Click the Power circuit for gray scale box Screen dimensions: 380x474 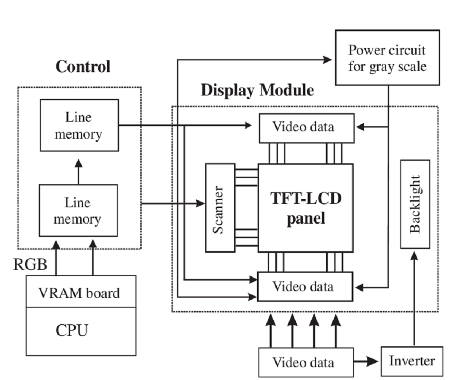click(x=387, y=58)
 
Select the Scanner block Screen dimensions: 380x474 click(x=220, y=208)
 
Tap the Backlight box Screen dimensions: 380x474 click(x=415, y=204)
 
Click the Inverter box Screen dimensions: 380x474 click(x=411, y=361)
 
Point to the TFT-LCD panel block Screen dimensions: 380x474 click(x=305, y=208)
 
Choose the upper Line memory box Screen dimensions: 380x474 click(x=78, y=126)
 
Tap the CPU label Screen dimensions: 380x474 click(x=73, y=330)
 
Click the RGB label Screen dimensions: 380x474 click(x=30, y=265)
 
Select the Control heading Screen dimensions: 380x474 click(x=83, y=66)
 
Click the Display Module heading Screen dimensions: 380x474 click(x=257, y=90)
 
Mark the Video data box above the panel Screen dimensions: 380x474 click(x=306, y=127)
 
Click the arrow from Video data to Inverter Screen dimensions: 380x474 click(x=367, y=361)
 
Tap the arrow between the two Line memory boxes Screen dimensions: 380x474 click(x=79, y=171)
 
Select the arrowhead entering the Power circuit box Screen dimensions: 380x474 click(x=327, y=60)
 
